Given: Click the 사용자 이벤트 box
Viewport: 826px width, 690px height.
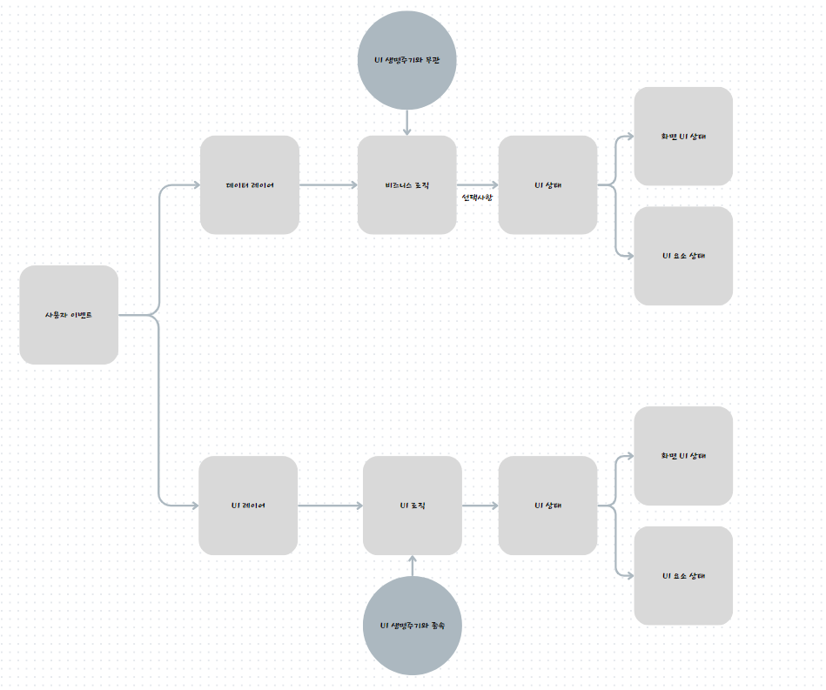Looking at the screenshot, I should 69,314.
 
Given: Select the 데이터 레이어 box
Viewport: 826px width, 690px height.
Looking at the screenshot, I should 250,184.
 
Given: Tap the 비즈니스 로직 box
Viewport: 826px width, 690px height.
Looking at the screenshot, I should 406,184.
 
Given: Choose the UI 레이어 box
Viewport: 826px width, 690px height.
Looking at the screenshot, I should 248,506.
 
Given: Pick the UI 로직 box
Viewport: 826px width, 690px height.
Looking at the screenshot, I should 412,506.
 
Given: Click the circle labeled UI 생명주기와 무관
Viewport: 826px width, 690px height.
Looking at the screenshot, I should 406,60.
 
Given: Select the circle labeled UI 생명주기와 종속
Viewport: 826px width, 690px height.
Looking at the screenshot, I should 412,626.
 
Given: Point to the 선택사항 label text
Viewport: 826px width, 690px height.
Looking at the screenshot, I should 477,198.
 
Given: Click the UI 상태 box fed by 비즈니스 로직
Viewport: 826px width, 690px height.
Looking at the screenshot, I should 547,184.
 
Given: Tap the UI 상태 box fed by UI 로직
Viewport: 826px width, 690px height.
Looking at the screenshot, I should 547,506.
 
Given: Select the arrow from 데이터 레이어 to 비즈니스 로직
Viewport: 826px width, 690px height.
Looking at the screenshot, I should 328,184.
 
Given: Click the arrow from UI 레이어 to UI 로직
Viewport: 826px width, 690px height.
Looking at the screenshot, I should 330,506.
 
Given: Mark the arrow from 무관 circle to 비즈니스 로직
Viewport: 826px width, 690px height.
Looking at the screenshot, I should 406,122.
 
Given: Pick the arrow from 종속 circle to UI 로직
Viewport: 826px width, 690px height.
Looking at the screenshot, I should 412,566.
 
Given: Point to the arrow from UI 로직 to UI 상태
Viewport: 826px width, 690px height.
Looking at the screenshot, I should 480,506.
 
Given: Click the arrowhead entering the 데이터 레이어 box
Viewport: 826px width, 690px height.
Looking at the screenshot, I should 195,184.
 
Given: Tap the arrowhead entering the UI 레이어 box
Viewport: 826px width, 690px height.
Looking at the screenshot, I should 193,506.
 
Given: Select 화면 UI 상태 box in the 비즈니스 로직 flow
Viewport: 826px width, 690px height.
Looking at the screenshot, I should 683,136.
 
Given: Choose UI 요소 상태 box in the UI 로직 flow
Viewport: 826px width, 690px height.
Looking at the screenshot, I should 683,575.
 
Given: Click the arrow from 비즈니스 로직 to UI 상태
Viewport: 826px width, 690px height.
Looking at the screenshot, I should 477,184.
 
